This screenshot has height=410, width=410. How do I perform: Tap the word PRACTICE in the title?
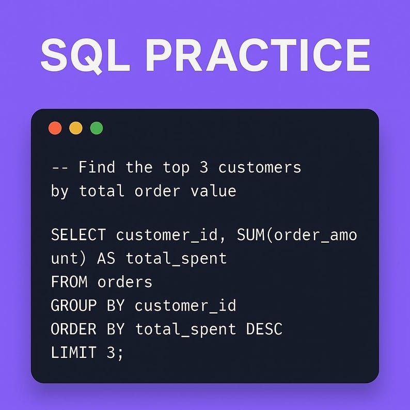[257, 55]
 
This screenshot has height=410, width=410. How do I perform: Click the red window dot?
[55, 128]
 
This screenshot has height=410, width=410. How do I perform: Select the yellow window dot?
[76, 128]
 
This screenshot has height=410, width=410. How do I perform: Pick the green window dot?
[97, 128]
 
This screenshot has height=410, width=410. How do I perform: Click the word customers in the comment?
[259, 167]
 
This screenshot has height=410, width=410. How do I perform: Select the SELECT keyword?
[78, 235]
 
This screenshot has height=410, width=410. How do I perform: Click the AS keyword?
[106, 258]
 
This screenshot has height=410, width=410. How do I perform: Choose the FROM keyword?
[69, 282]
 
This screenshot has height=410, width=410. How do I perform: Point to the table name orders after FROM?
[125, 282]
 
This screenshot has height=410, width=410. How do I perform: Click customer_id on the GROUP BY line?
[185, 305]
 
